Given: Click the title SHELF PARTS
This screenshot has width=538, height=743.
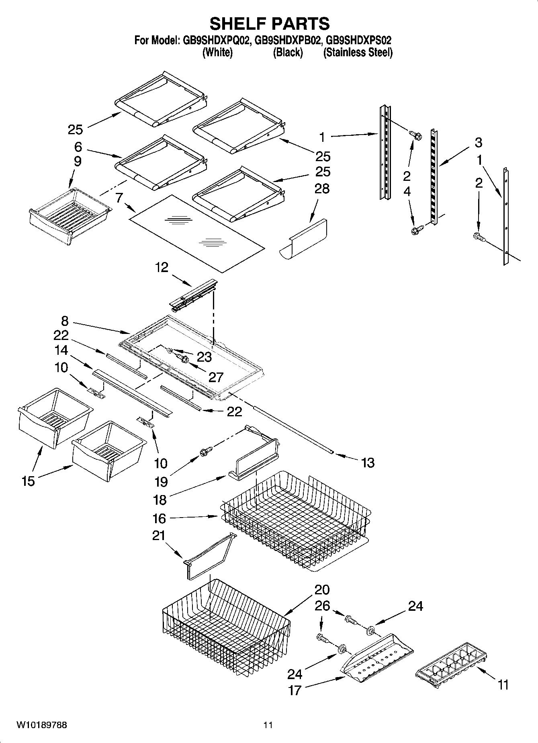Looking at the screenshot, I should coord(269,24).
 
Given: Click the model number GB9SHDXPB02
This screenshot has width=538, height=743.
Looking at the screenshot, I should coord(288,41).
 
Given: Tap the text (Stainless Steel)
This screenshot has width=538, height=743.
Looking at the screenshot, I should coord(358,53).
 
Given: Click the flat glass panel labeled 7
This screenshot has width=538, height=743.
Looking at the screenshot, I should coord(197,233).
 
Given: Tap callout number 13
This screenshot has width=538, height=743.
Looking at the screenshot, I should coord(368,463).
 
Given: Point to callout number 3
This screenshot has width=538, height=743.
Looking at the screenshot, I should coord(478,142).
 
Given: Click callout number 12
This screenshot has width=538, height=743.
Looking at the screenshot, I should coord(162,267).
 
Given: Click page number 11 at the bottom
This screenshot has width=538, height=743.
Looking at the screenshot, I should coord(268,725).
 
